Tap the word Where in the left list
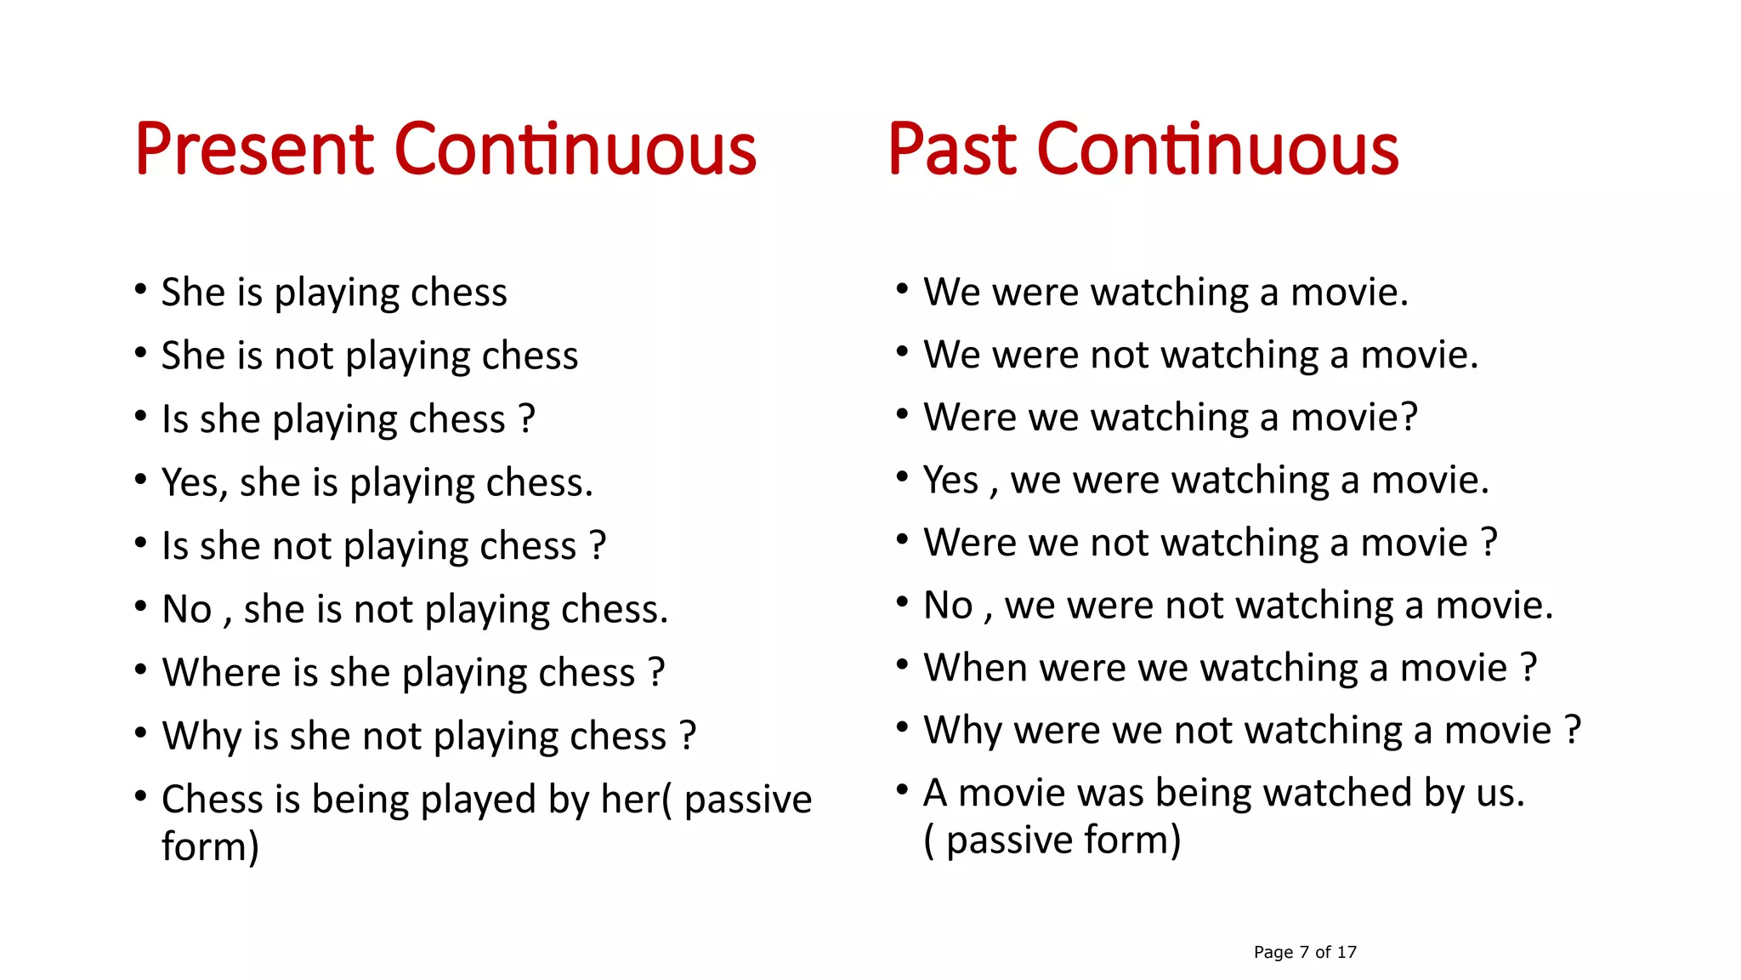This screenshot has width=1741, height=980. click(221, 672)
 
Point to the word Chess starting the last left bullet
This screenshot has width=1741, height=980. click(213, 799)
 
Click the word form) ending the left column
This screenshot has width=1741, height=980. click(210, 846)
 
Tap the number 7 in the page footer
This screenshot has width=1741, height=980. click(1304, 952)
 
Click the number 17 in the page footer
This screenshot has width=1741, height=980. click(1347, 952)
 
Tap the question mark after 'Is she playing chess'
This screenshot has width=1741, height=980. click(527, 419)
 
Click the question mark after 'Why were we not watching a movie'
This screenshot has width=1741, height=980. click(1573, 730)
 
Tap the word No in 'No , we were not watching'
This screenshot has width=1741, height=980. click(948, 605)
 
